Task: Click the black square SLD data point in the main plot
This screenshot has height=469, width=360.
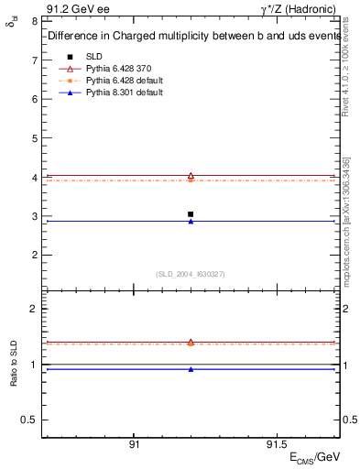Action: click(x=191, y=214)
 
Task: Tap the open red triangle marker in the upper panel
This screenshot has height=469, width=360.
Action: click(x=191, y=176)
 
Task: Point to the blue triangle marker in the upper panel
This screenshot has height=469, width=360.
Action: click(x=191, y=222)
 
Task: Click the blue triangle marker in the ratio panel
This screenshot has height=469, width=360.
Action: click(x=191, y=369)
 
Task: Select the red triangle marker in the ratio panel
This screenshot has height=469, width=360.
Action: click(x=191, y=343)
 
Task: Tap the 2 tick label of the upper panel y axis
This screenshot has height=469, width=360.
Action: click(x=33, y=256)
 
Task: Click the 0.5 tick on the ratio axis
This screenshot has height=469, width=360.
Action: click(x=28, y=420)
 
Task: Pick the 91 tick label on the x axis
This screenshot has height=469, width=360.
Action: click(x=134, y=442)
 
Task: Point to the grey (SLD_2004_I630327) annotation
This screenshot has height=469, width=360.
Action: click(x=191, y=274)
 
